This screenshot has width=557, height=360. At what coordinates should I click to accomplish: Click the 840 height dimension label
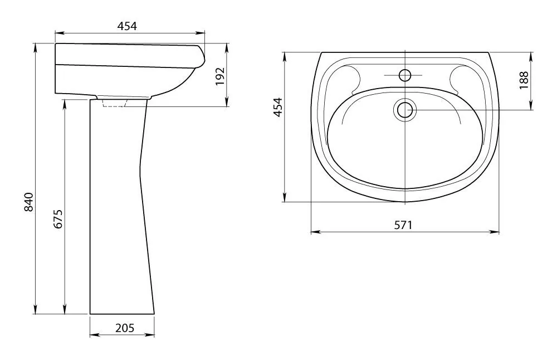click(x=28, y=202)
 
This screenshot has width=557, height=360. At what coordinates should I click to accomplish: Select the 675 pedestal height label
click(x=58, y=219)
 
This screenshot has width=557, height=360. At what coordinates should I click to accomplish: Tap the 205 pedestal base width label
click(x=125, y=328)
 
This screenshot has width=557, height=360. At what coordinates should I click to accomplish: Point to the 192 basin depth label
click(x=220, y=76)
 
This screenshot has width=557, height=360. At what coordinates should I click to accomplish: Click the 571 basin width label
click(x=403, y=225)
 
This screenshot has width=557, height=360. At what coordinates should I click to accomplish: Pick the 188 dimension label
click(x=524, y=80)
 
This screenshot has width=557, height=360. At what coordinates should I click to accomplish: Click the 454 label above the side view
click(x=127, y=26)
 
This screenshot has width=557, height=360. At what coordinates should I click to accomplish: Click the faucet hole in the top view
click(x=405, y=75)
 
